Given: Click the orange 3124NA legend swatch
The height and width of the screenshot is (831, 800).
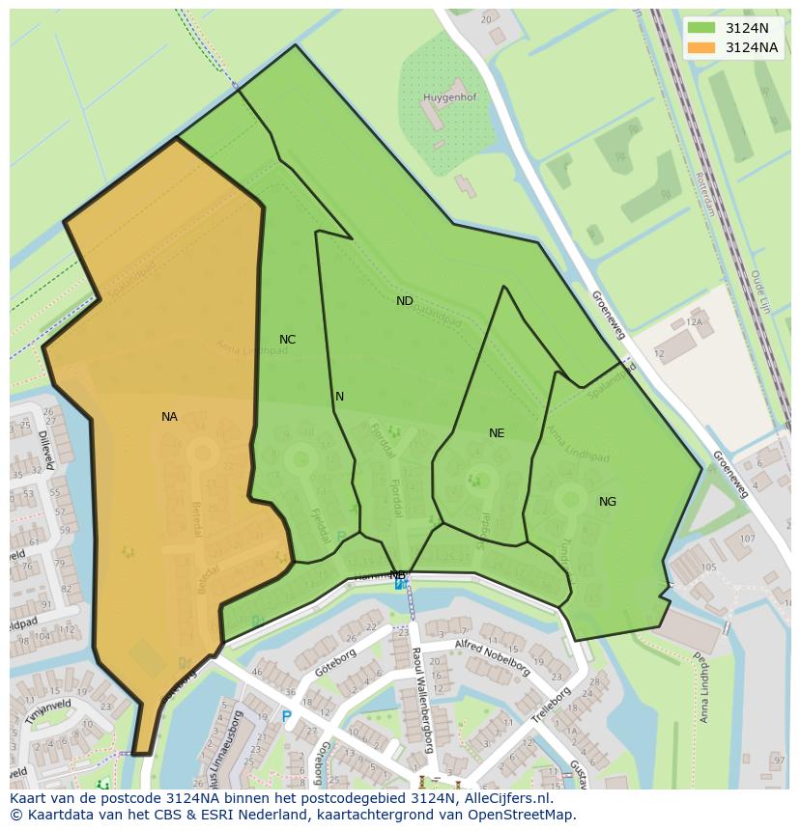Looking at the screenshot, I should pyautogui.click(x=702, y=47).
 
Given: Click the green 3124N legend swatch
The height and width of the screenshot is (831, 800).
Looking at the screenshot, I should pyautogui.click(x=702, y=28).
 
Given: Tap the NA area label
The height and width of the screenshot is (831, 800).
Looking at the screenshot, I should pyautogui.click(x=169, y=417).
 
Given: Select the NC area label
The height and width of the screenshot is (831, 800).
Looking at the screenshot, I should pyautogui.click(x=287, y=340).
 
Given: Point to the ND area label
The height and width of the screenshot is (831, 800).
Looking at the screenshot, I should pyautogui.click(x=405, y=301).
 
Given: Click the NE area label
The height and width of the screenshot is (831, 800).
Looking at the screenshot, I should pyautogui.click(x=497, y=433).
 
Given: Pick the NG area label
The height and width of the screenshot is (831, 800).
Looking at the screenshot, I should pyautogui.click(x=607, y=502).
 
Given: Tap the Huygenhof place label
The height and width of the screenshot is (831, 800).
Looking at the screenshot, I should pyautogui.click(x=449, y=97).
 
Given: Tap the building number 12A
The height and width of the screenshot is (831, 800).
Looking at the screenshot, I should pyautogui.click(x=693, y=321).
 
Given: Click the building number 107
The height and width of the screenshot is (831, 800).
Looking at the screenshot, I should pyautogui.click(x=747, y=539).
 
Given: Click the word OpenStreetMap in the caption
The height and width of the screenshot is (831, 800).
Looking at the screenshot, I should pyautogui.click(x=520, y=815).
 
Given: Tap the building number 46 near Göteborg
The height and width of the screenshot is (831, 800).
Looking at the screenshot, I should pyautogui.click(x=257, y=672).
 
